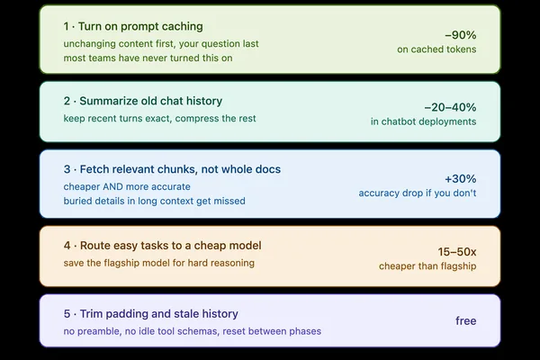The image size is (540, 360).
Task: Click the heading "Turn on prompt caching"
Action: tap(140, 26)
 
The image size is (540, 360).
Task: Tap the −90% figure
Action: tap(461, 35)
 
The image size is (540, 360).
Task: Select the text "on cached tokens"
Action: tap(436, 49)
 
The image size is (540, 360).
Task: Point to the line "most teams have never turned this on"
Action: tap(148, 58)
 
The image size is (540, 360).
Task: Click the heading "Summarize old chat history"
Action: tap(151, 101)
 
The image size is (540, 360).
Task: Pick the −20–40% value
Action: tap(450, 107)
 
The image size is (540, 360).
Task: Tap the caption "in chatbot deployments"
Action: tap(424, 121)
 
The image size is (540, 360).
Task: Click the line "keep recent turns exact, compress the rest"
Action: tap(160, 119)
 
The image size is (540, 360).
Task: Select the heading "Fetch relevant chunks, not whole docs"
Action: tap(180, 169)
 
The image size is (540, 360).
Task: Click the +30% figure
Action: tap(461, 179)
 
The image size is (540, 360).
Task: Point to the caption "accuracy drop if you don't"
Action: tap(418, 193)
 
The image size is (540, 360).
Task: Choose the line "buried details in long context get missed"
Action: tap(154, 201)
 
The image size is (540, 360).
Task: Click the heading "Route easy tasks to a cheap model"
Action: tap(170, 246)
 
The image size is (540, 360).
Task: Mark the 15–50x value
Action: tap(457, 252)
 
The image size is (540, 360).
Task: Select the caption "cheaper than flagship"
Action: tap(427, 266)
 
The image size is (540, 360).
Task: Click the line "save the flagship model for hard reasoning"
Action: tap(158, 263)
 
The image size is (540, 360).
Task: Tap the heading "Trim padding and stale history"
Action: tap(159, 314)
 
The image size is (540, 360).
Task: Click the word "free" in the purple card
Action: tap(466, 320)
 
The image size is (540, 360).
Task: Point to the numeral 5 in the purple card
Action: tap(67, 314)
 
